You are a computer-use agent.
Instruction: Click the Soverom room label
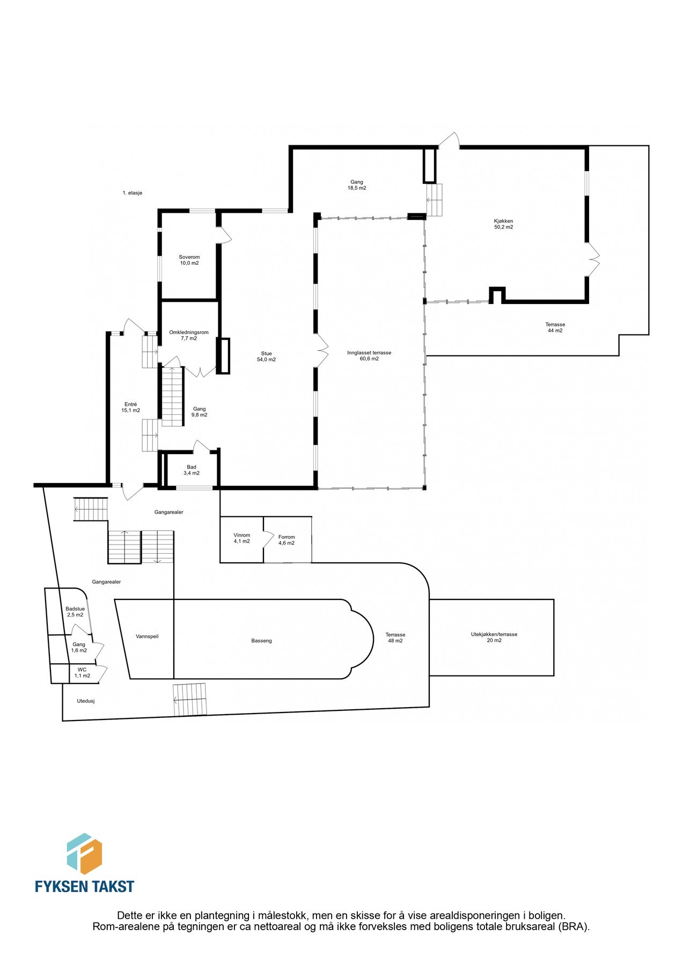[189, 260]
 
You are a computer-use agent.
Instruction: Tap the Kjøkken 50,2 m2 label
[503, 224]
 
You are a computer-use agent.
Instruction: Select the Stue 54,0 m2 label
[266, 357]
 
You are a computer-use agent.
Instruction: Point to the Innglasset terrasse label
[369, 355]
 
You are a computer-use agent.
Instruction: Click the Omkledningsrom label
[189, 335]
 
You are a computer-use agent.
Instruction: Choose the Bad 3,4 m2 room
[192, 470]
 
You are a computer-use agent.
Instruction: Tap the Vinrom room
[242, 538]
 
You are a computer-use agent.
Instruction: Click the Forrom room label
[287, 540]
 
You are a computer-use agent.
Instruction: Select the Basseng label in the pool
[262, 641]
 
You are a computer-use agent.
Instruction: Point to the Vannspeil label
[147, 636]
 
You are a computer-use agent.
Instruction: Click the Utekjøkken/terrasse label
[494, 637]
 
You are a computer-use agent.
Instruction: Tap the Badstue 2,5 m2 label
[75, 612]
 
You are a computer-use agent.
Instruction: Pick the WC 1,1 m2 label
[82, 672]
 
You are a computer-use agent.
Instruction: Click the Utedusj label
[86, 701]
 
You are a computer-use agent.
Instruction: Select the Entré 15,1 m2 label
[130, 407]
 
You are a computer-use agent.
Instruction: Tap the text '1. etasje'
[132, 192]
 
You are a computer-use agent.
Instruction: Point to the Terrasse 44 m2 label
[555, 327]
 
